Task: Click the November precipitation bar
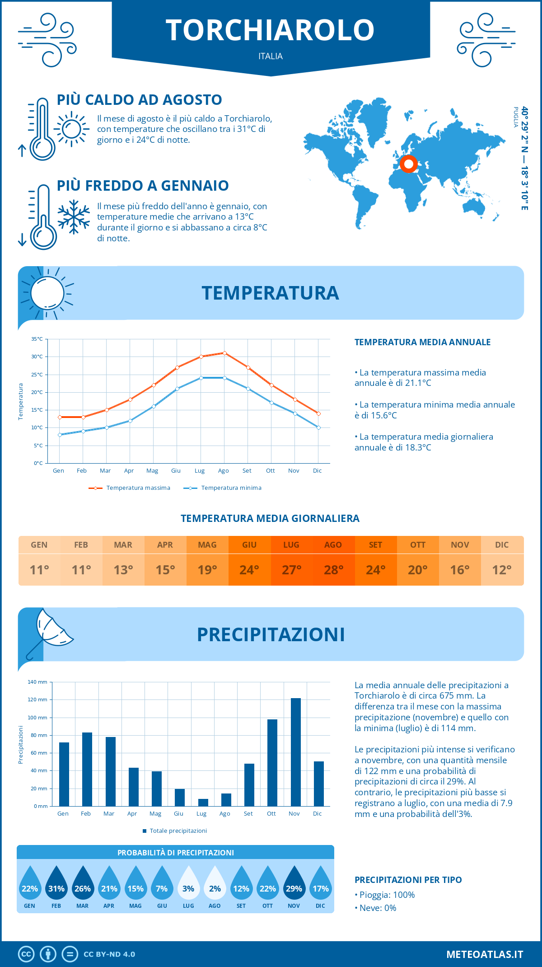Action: coord(296,752)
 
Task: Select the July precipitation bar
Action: coord(203,803)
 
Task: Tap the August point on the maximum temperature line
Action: coord(224,353)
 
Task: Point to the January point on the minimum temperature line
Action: coord(60,435)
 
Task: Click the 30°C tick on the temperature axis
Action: coord(37,357)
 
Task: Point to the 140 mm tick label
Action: coord(37,682)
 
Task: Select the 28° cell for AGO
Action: coord(333,570)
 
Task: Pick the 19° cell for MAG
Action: coord(207,570)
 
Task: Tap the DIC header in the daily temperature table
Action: coord(502,545)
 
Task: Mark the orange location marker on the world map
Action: coord(409,164)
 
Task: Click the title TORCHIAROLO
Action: coord(270,30)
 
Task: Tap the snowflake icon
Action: coord(74,217)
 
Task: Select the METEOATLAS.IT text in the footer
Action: coord(485,954)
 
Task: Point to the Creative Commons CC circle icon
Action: coord(26,954)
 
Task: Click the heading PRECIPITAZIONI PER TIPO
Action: coord(408,880)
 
